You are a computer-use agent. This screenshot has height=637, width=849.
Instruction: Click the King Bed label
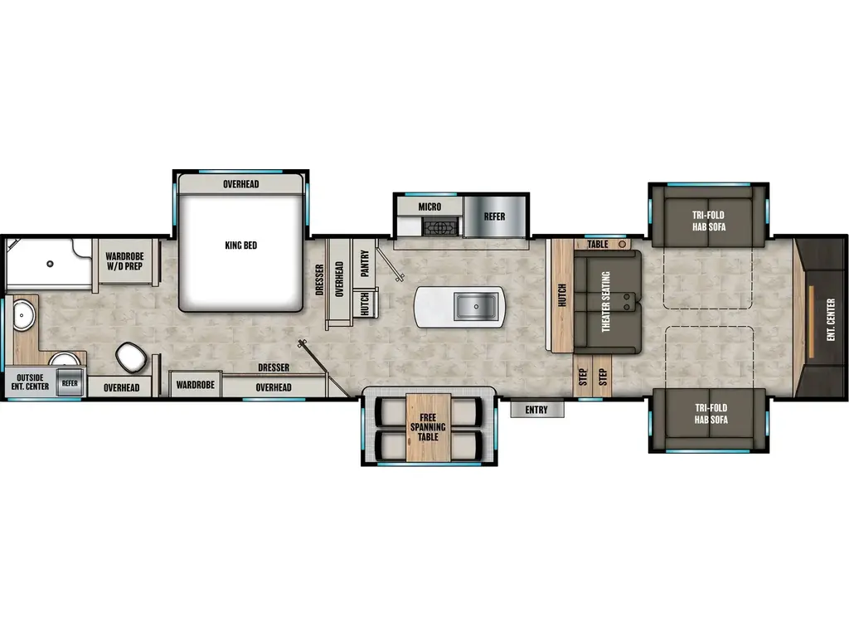tap(240, 246)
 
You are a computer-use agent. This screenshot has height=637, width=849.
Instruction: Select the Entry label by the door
tap(536, 409)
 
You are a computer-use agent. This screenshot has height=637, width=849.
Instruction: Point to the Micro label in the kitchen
tap(429, 207)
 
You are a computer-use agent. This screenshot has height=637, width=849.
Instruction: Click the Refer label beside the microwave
tap(494, 216)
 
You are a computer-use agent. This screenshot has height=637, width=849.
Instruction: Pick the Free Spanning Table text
tap(428, 427)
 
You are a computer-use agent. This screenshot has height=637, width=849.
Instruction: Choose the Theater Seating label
tap(605, 302)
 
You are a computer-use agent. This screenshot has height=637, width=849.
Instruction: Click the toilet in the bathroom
tap(132, 357)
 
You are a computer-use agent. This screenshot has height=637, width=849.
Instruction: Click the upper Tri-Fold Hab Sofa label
tap(710, 221)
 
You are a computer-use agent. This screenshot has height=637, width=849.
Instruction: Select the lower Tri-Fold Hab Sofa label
tap(710, 414)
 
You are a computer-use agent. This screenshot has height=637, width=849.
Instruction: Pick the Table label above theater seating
tap(598, 245)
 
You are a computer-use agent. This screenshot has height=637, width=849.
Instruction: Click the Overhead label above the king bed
tap(240, 183)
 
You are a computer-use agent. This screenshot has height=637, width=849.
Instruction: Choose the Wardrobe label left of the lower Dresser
tap(195, 385)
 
